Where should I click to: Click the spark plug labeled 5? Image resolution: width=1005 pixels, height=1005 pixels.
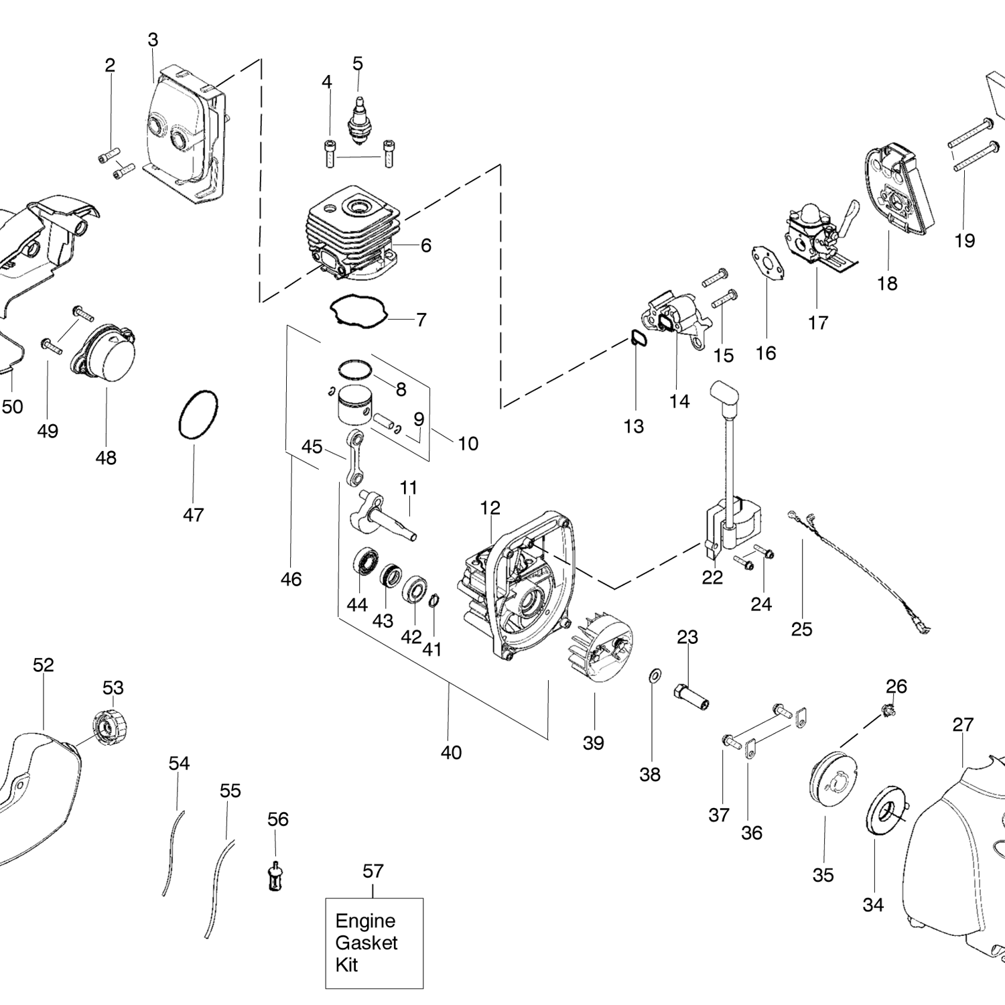[358, 119]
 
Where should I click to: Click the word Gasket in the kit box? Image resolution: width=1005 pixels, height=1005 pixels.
[366, 943]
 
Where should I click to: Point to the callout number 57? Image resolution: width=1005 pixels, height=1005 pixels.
[373, 871]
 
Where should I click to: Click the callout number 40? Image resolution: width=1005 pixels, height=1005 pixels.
[451, 752]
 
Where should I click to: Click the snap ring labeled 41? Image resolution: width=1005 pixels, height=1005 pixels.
[433, 600]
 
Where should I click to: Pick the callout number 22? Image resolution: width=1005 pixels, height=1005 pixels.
[712, 578]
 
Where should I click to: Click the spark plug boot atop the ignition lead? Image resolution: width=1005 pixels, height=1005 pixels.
[724, 394]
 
